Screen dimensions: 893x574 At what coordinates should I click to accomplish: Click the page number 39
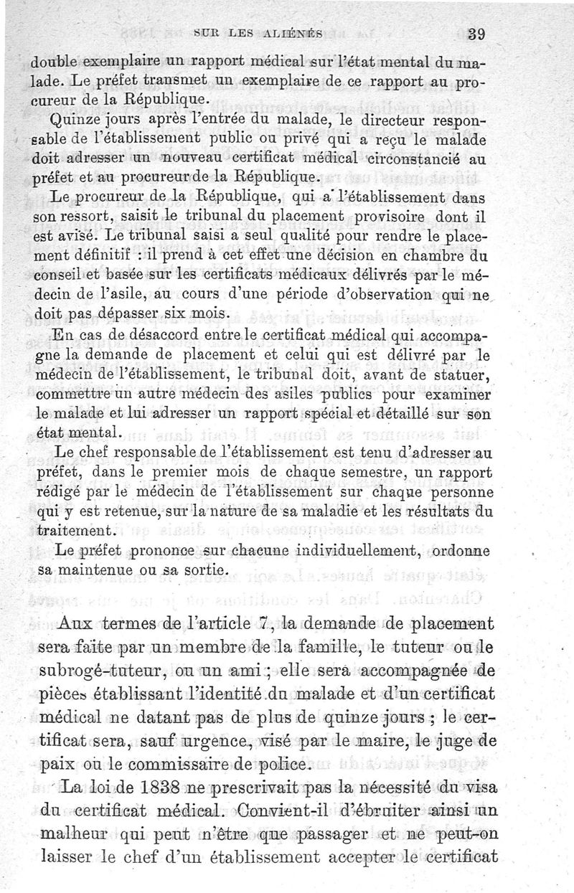click(x=476, y=32)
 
